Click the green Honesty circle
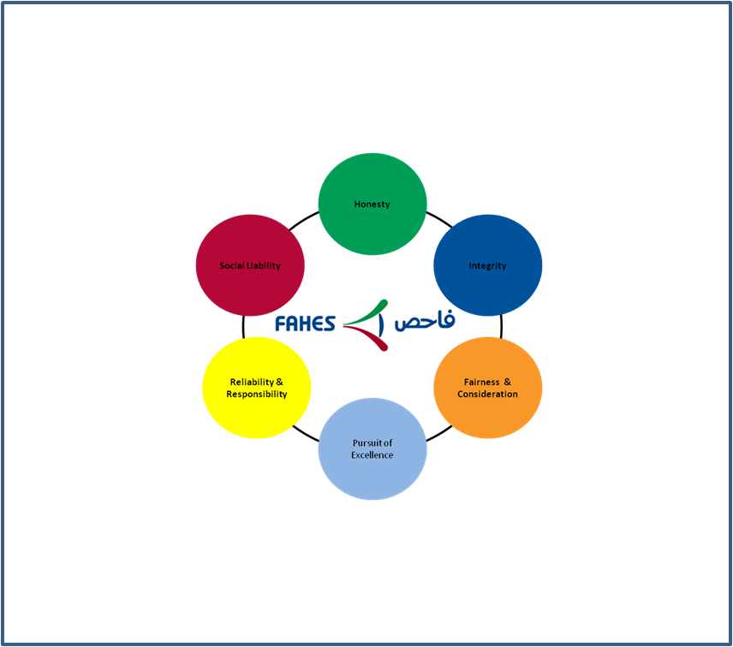(x=372, y=205)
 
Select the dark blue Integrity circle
(x=487, y=265)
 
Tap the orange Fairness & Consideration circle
(x=487, y=388)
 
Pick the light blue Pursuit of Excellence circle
(x=372, y=449)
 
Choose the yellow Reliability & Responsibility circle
(x=257, y=388)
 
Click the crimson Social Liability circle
(x=250, y=265)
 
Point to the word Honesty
(x=372, y=205)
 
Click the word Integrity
(x=487, y=266)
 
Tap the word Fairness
(x=481, y=383)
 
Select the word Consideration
(x=487, y=395)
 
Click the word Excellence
(x=372, y=455)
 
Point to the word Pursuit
(x=366, y=442)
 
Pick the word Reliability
(x=252, y=383)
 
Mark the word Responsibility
(x=257, y=395)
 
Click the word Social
(x=232, y=265)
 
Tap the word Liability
(x=264, y=266)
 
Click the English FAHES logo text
(x=305, y=323)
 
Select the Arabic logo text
(x=425, y=320)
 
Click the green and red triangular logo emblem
(x=366, y=325)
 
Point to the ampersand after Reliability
(x=279, y=383)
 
